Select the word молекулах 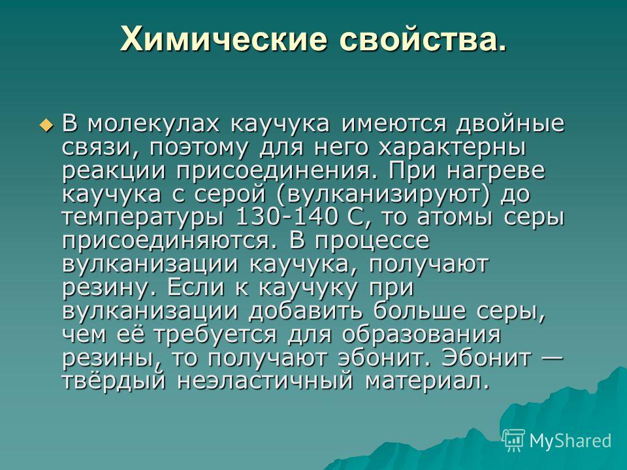click(x=153, y=124)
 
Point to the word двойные click(x=510, y=125)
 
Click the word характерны click(x=452, y=148)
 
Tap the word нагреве click(x=496, y=171)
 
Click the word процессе click(x=372, y=242)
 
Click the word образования click(x=421, y=335)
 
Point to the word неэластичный click(x=266, y=381)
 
